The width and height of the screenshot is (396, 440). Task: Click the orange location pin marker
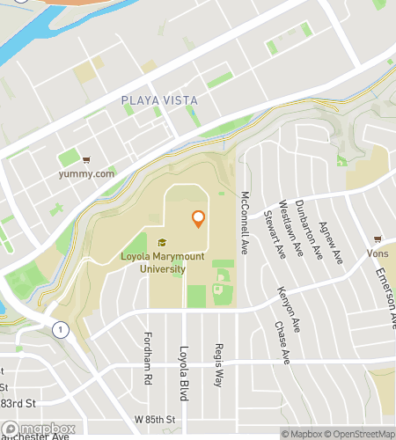[x=198, y=219]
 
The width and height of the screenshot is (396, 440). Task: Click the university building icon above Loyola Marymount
[x=161, y=243]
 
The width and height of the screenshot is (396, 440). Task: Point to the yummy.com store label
[x=86, y=173]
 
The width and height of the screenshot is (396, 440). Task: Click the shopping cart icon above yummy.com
[x=86, y=160]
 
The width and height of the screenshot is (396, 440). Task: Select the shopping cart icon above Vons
[x=378, y=239]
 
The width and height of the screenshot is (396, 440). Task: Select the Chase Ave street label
[x=282, y=342]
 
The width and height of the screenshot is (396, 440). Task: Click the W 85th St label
[x=155, y=418]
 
